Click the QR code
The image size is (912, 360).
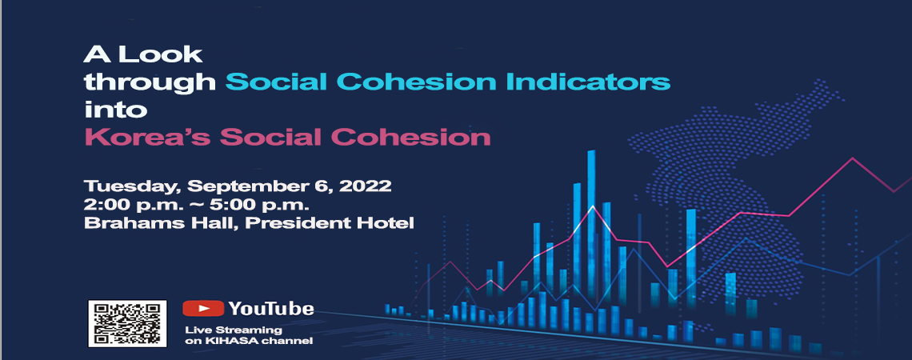[x=127, y=324]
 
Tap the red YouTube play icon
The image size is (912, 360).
[x=203, y=308]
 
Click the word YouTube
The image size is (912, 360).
[x=271, y=308]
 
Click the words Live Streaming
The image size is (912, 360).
[x=234, y=330]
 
